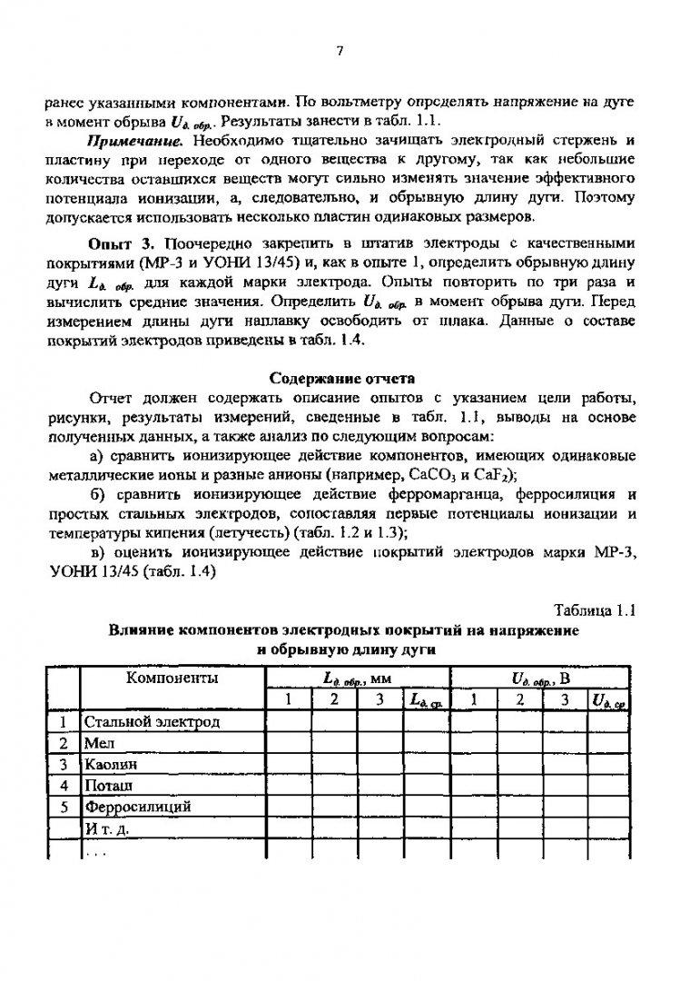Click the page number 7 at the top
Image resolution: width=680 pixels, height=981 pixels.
click(x=340, y=51)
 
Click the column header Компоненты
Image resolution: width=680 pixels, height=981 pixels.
click(x=172, y=678)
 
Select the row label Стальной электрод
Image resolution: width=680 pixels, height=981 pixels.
click(x=153, y=722)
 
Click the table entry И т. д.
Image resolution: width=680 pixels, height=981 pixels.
click(x=107, y=827)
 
